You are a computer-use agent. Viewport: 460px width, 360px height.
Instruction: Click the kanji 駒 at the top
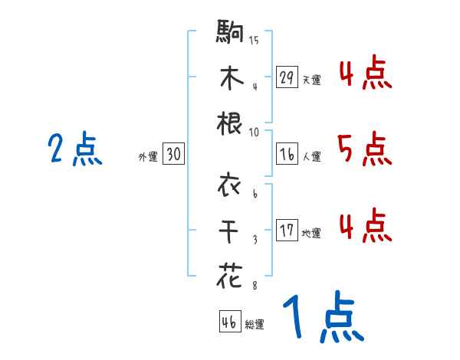(x=231, y=33)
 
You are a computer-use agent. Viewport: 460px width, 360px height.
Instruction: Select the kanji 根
(x=231, y=123)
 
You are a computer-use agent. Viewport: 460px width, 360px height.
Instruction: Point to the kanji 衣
(x=231, y=185)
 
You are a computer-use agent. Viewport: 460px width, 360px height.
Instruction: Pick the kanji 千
(x=231, y=230)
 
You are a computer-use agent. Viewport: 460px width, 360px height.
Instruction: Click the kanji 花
(x=231, y=274)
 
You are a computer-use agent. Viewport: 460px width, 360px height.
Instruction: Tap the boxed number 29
(x=287, y=77)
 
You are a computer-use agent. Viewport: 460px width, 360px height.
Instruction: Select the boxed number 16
(x=287, y=154)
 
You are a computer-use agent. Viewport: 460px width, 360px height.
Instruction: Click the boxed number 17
(x=287, y=230)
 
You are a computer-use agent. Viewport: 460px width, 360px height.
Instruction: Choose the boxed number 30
(x=172, y=154)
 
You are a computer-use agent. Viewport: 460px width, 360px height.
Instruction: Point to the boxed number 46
(x=229, y=322)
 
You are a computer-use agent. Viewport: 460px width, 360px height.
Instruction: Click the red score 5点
(x=364, y=149)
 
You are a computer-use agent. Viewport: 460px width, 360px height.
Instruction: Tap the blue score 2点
(x=75, y=149)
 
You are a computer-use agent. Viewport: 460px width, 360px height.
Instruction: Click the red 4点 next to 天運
(x=364, y=74)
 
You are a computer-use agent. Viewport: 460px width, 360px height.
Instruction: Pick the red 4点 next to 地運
(x=364, y=225)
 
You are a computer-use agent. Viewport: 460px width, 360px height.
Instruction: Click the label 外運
(x=147, y=157)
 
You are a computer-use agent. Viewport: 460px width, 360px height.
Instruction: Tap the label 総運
(x=255, y=325)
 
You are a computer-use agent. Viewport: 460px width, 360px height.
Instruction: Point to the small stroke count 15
(x=253, y=41)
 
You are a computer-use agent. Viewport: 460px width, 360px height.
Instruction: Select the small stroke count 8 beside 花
(x=255, y=286)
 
